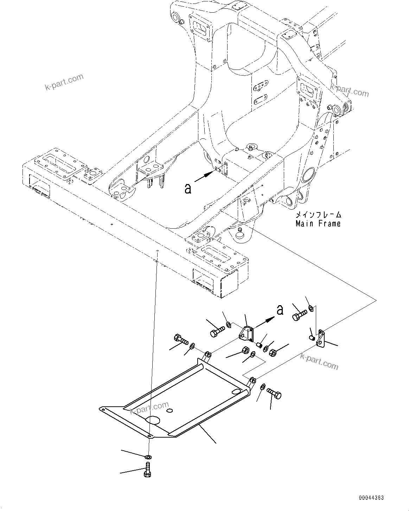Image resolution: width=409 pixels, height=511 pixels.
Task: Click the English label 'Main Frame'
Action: [318, 223]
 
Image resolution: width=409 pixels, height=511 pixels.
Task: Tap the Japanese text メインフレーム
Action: [318, 215]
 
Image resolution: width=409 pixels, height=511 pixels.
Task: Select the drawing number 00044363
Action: [371, 498]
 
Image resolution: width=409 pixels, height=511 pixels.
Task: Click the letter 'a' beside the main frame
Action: [188, 189]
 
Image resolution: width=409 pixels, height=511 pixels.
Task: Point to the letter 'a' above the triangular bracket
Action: [280, 310]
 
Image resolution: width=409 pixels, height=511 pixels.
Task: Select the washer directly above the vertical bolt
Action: [148, 457]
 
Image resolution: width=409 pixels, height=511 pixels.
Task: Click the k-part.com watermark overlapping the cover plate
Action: [149, 408]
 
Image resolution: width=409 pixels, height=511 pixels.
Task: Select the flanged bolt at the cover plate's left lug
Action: [180, 340]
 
